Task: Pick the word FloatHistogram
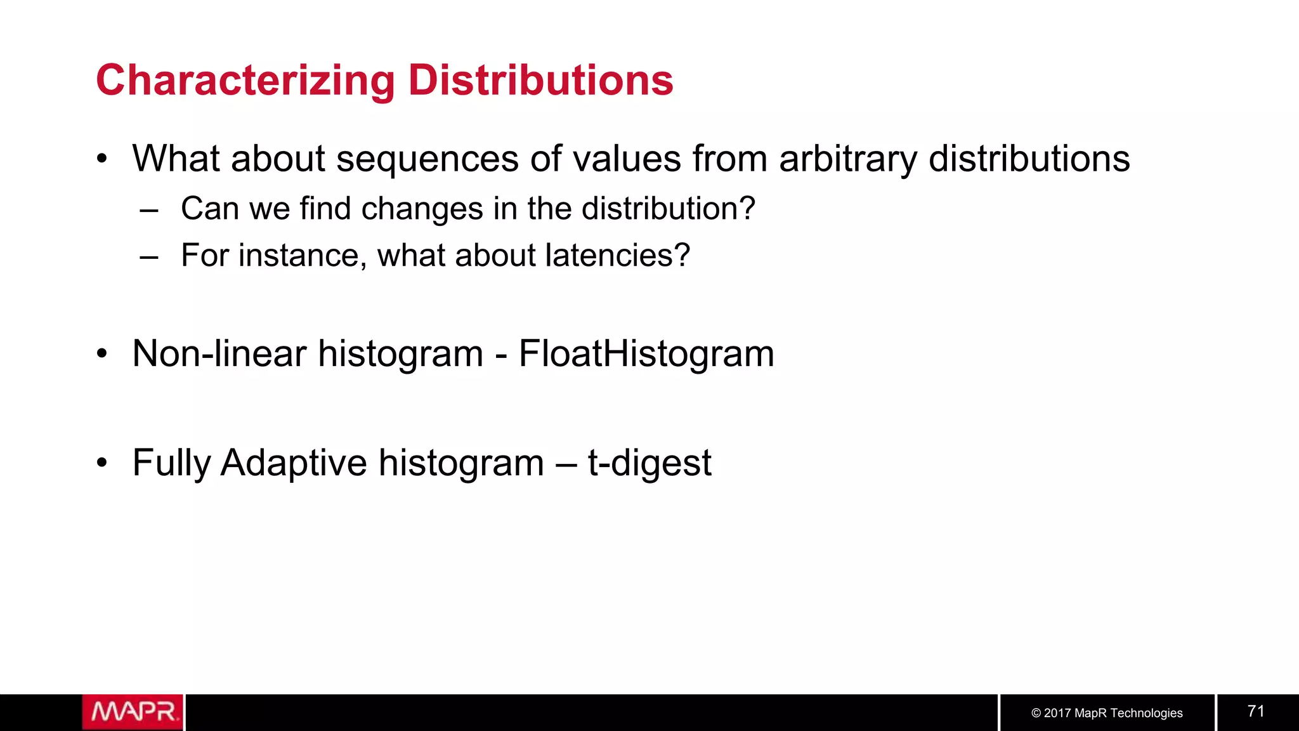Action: point(646,354)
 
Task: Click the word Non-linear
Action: point(219,353)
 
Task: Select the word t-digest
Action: point(649,463)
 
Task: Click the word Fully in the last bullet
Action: point(171,463)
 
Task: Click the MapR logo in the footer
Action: point(133,712)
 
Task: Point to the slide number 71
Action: point(1256,711)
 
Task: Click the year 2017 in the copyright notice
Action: point(1057,713)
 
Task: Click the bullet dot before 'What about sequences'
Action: point(102,159)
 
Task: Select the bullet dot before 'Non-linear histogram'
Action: point(102,353)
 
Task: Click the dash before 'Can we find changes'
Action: point(149,210)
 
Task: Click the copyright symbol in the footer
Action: point(1036,713)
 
